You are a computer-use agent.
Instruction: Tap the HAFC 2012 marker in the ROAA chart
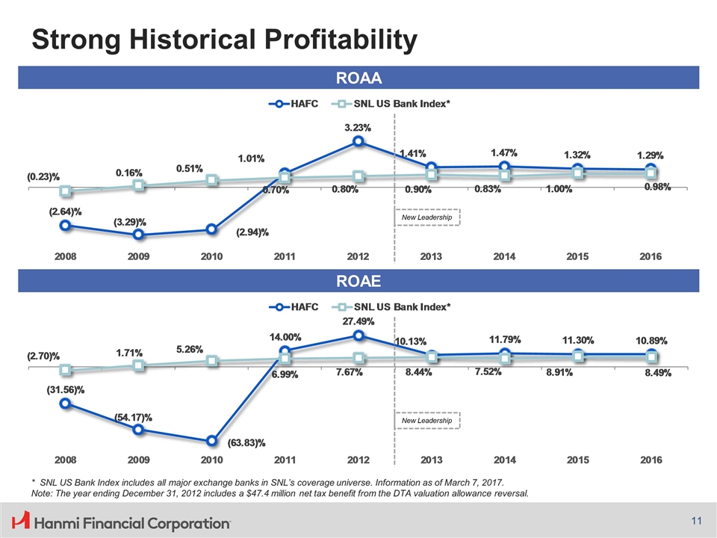[358, 141]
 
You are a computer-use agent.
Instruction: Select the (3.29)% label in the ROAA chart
[130, 222]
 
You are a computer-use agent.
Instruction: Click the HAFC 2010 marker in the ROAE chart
[212, 441]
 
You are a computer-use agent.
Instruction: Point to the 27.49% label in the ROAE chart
[358, 321]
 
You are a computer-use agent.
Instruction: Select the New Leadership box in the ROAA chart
[427, 217]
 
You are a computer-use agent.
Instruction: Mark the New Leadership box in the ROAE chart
[427, 421]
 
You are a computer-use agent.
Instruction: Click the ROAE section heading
[358, 280]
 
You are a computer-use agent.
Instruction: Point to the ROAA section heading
[358, 78]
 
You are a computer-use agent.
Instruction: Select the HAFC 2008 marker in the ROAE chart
[66, 403]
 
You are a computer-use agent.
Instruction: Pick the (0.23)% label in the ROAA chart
[43, 178]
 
